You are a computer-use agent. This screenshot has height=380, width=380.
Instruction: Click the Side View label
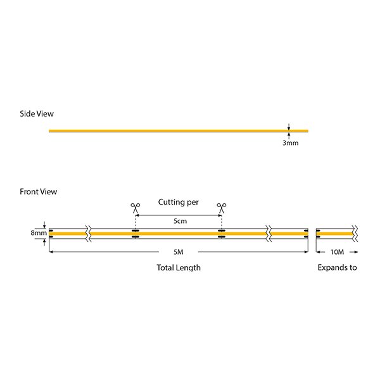point(37,114)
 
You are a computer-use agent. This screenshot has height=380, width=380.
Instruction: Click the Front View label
point(39,191)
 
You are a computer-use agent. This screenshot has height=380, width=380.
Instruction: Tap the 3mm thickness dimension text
point(290,143)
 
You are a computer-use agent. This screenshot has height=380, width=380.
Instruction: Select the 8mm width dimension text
point(38,233)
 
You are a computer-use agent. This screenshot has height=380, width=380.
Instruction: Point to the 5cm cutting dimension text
point(180,221)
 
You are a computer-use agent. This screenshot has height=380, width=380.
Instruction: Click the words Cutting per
point(178,203)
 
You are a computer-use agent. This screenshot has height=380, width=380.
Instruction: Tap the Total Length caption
point(179,267)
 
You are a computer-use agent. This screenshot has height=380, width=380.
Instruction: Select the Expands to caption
point(337,267)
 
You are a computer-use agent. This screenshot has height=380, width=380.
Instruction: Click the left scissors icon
point(135,206)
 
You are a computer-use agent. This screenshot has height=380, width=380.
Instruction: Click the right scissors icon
point(222,206)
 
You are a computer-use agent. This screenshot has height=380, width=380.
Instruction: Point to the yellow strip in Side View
point(177,131)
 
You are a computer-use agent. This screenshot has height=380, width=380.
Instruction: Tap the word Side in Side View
point(28,114)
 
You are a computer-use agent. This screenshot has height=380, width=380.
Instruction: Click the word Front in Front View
point(30,191)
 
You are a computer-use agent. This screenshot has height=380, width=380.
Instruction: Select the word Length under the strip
point(188,268)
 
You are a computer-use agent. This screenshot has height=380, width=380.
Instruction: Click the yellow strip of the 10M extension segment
point(334,233)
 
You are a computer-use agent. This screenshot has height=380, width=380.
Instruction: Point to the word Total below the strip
point(165,267)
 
